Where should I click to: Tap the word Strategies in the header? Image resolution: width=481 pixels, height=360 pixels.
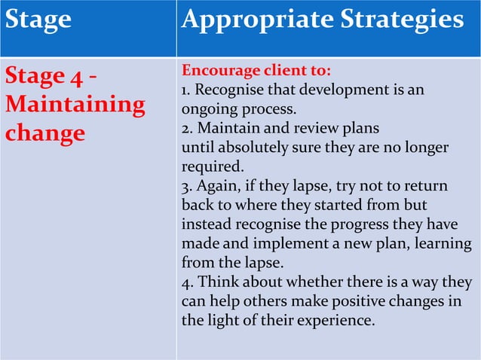(x=408, y=20)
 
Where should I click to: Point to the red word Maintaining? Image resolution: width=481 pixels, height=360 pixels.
(x=75, y=104)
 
